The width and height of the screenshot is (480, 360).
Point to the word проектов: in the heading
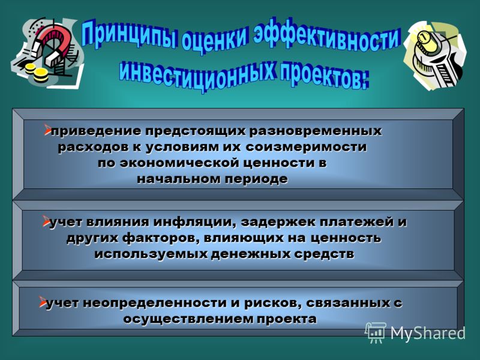(x=323, y=76)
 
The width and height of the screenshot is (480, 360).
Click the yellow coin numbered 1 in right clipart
(x=424, y=38)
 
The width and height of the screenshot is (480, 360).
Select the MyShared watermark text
(x=428, y=333)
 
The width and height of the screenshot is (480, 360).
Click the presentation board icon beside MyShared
(x=375, y=332)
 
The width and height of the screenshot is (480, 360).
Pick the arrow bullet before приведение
(x=47, y=130)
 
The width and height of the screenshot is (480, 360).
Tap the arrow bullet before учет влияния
(x=46, y=221)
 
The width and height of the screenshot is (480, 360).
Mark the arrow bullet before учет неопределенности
(x=42, y=302)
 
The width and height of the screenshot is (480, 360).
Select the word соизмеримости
(x=306, y=147)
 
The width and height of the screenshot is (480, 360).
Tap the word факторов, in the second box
(x=161, y=238)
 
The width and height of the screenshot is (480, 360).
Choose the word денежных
(x=251, y=254)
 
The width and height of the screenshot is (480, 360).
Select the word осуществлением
(x=188, y=319)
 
